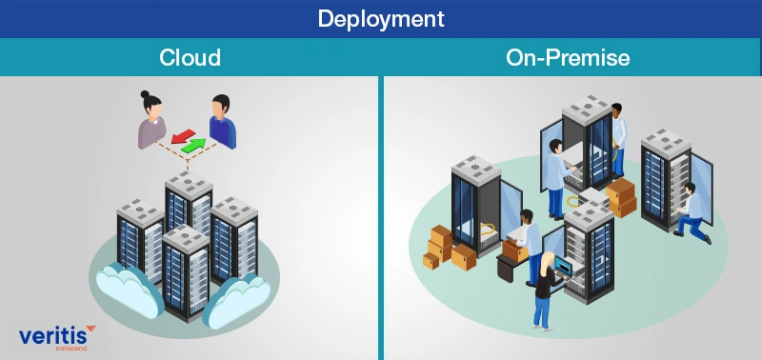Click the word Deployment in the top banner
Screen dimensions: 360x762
click(x=380, y=18)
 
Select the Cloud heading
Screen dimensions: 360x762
click(x=190, y=57)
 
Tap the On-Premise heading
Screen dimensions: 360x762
click(x=568, y=57)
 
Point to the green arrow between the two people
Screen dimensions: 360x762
click(x=195, y=145)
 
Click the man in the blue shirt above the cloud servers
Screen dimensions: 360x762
click(x=221, y=123)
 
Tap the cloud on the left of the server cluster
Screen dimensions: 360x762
click(x=121, y=286)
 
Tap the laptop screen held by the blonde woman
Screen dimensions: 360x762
click(x=561, y=265)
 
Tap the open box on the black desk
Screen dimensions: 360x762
click(x=511, y=250)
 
